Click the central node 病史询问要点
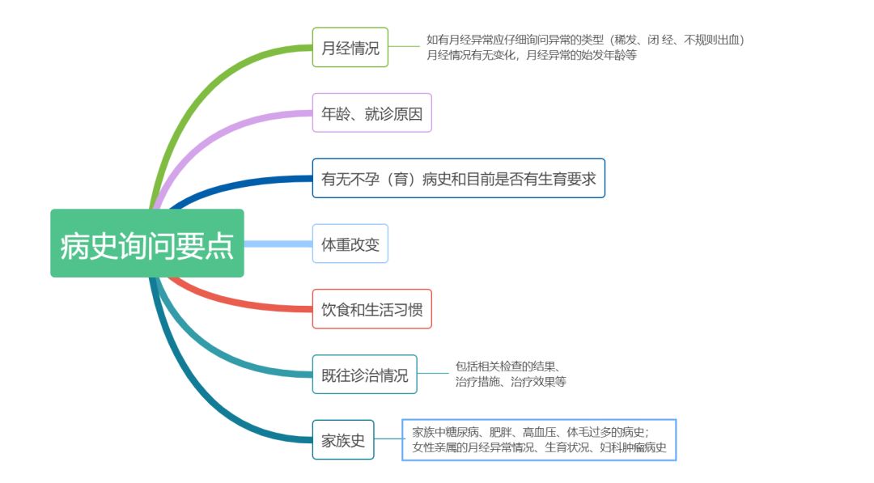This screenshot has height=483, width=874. [146, 244]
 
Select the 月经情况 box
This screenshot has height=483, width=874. [350, 48]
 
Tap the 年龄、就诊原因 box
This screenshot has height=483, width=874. [371, 113]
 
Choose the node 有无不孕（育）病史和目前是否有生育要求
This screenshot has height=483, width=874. [458, 178]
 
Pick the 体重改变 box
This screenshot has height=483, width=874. [350, 244]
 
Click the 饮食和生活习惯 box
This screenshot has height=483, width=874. [371, 309]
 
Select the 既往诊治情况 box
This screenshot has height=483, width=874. [364, 375]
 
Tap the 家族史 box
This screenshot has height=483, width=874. [343, 440]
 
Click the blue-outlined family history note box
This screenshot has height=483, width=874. [538, 439]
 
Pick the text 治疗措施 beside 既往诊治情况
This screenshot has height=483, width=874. [477, 381]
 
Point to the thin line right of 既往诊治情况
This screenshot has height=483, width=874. [433, 374]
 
